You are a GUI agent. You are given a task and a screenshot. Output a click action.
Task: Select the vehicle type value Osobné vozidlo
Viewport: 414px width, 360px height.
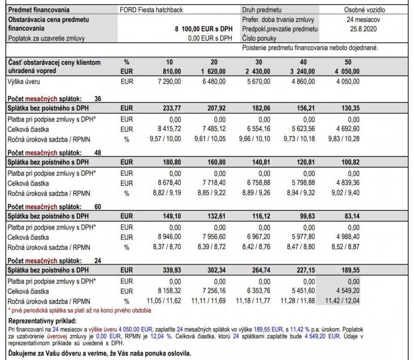pyautogui.click(x=364, y=10)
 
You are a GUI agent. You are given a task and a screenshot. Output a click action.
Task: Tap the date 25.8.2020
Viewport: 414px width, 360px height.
pyautogui.click(x=363, y=29)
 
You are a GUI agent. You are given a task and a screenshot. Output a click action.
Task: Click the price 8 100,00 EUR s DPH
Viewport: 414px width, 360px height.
pyautogui.click(x=204, y=29)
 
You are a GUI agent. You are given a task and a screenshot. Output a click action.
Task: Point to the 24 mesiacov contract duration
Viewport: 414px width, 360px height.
pyautogui.click(x=363, y=20)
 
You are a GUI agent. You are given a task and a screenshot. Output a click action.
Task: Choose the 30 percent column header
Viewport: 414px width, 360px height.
pyautogui.click(x=259, y=63)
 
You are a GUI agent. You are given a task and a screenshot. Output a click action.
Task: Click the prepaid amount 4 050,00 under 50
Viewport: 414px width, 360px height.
pyautogui.click(x=347, y=71)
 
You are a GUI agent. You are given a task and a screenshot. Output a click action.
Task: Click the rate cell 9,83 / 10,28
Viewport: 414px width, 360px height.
pyautogui.click(x=344, y=139)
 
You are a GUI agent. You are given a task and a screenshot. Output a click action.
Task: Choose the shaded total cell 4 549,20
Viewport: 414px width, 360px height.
pyautogui.click(x=347, y=291)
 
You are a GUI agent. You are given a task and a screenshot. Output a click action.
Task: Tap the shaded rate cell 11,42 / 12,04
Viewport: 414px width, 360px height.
pyautogui.click(x=343, y=301)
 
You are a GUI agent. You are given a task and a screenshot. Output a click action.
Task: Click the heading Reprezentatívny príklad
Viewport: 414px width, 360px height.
pyautogui.click(x=43, y=321)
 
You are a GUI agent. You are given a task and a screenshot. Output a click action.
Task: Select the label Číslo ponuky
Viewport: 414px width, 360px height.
pyautogui.click(x=259, y=38)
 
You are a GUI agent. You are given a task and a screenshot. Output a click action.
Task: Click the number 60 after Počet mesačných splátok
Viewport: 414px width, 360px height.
pyautogui.click(x=98, y=206)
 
